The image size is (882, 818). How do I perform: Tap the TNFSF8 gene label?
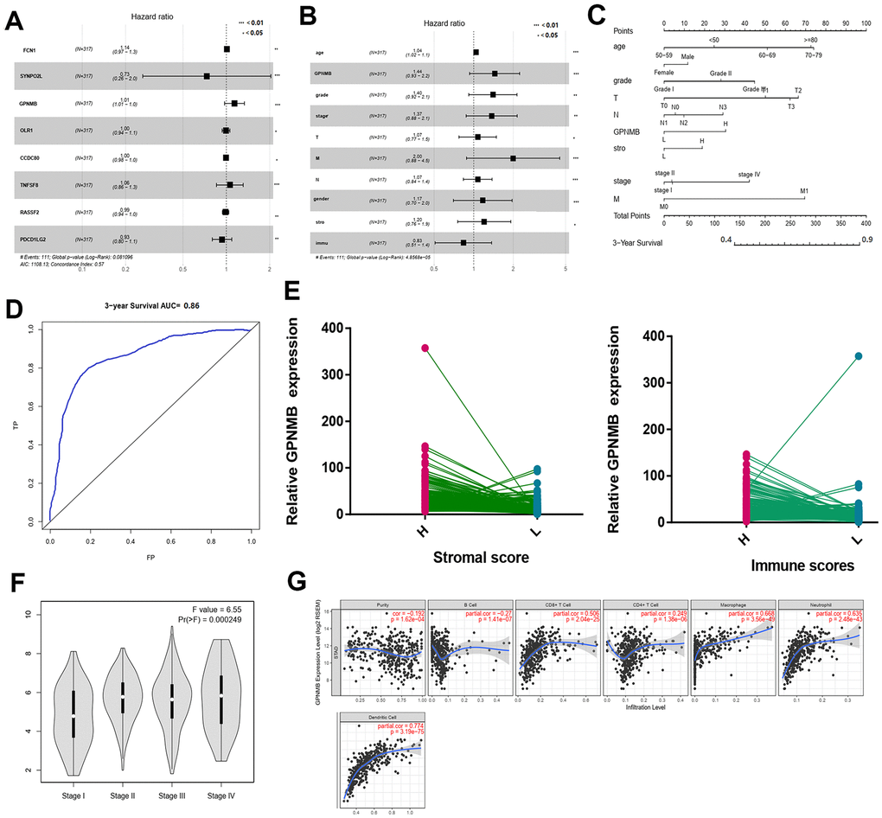click(x=32, y=183)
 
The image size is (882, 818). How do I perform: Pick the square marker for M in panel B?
click(x=513, y=158)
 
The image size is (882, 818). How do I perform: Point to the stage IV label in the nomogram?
click(x=749, y=175)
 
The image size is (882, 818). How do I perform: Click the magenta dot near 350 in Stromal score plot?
click(x=425, y=348)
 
